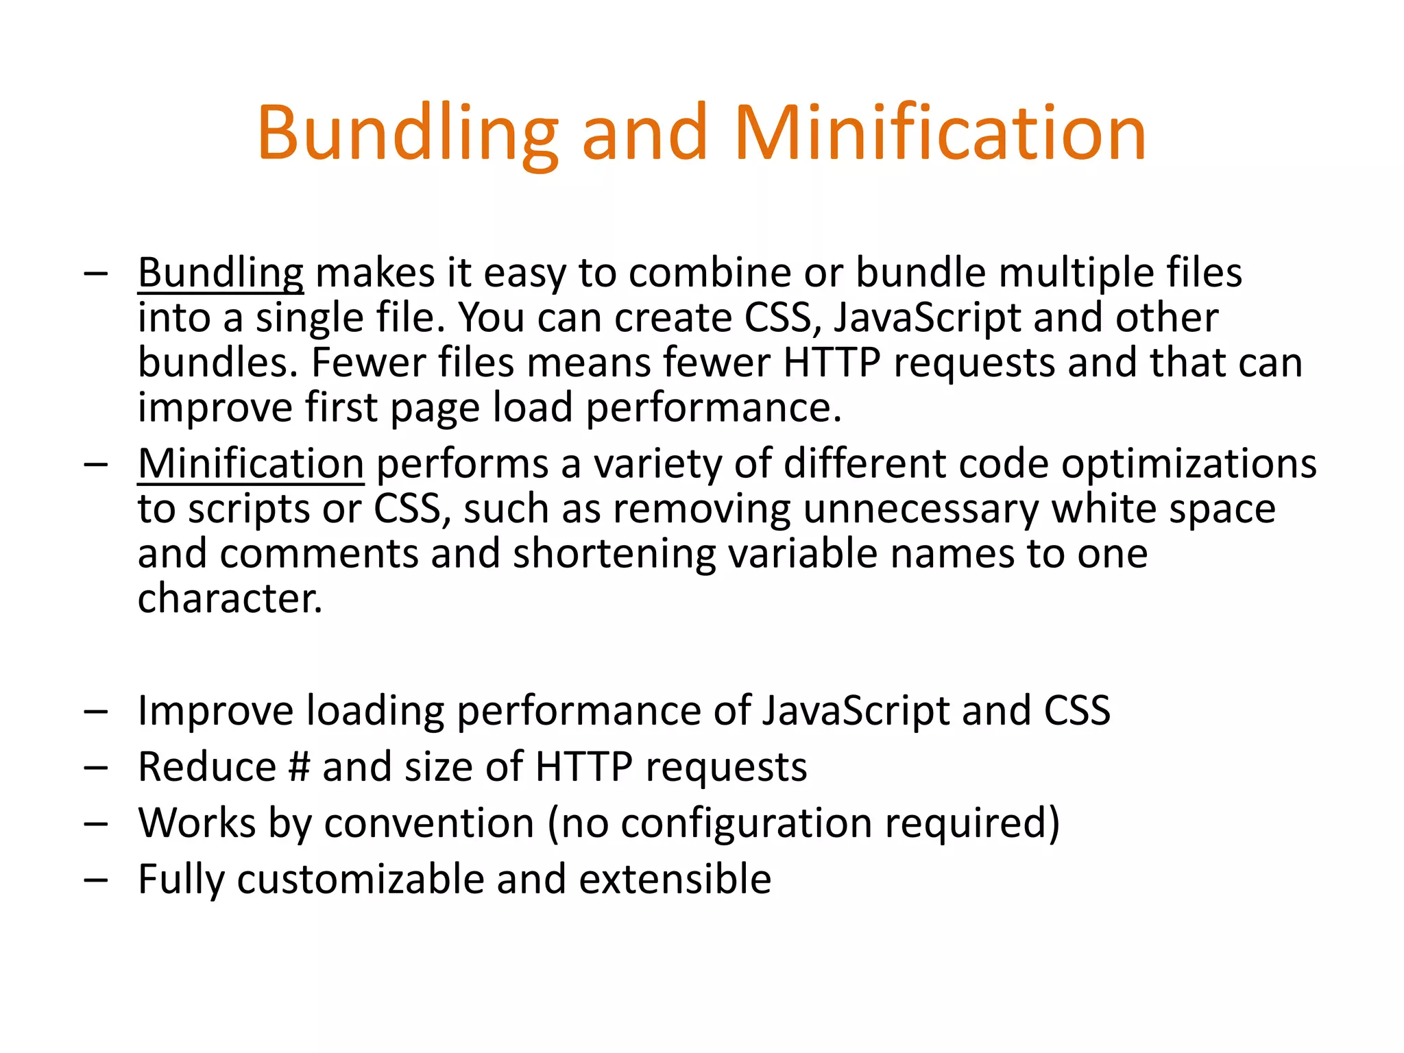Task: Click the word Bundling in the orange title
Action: point(408,134)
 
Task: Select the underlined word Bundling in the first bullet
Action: point(220,274)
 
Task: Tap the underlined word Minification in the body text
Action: point(250,464)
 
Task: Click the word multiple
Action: point(1076,273)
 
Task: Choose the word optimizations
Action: point(1189,464)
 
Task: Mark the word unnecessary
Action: point(921,510)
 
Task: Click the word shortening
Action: point(614,554)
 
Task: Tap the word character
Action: point(230,598)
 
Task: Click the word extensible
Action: point(675,879)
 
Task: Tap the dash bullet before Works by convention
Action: point(96,823)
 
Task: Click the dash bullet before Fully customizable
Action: point(96,880)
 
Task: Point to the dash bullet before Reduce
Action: point(96,767)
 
